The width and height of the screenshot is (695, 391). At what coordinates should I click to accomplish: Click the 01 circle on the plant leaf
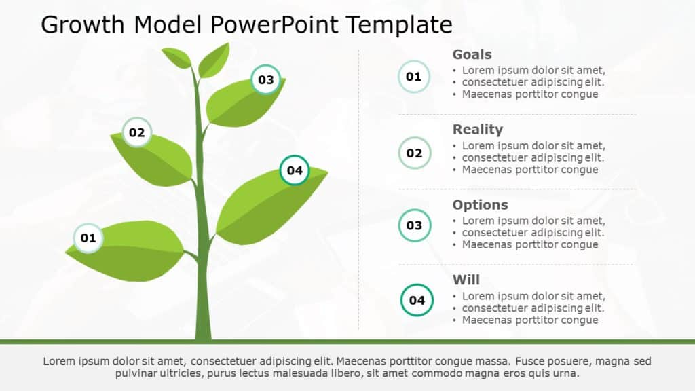pyautogui.click(x=88, y=238)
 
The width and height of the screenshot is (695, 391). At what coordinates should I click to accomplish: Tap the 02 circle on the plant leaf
pyautogui.click(x=137, y=133)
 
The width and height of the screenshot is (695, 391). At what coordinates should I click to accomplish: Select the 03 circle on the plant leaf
pyautogui.click(x=266, y=80)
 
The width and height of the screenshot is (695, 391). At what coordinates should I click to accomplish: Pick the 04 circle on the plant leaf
pyautogui.click(x=295, y=170)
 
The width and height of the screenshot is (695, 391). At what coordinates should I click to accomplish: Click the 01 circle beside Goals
pyautogui.click(x=413, y=77)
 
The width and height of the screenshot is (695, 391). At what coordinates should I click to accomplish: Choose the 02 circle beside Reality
pyautogui.click(x=414, y=153)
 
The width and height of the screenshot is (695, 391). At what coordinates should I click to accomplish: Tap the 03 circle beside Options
pyautogui.click(x=414, y=225)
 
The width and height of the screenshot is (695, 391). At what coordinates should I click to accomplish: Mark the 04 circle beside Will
pyautogui.click(x=417, y=300)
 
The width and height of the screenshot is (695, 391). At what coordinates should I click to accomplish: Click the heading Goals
pyautogui.click(x=472, y=55)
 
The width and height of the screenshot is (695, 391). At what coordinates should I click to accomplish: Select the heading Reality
pyautogui.click(x=477, y=130)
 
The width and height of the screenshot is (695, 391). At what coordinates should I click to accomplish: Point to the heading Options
pyautogui.click(x=480, y=205)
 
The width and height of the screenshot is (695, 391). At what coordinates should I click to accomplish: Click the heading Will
pyautogui.click(x=466, y=280)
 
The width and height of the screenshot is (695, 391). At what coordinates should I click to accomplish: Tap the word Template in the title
pyautogui.click(x=399, y=25)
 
